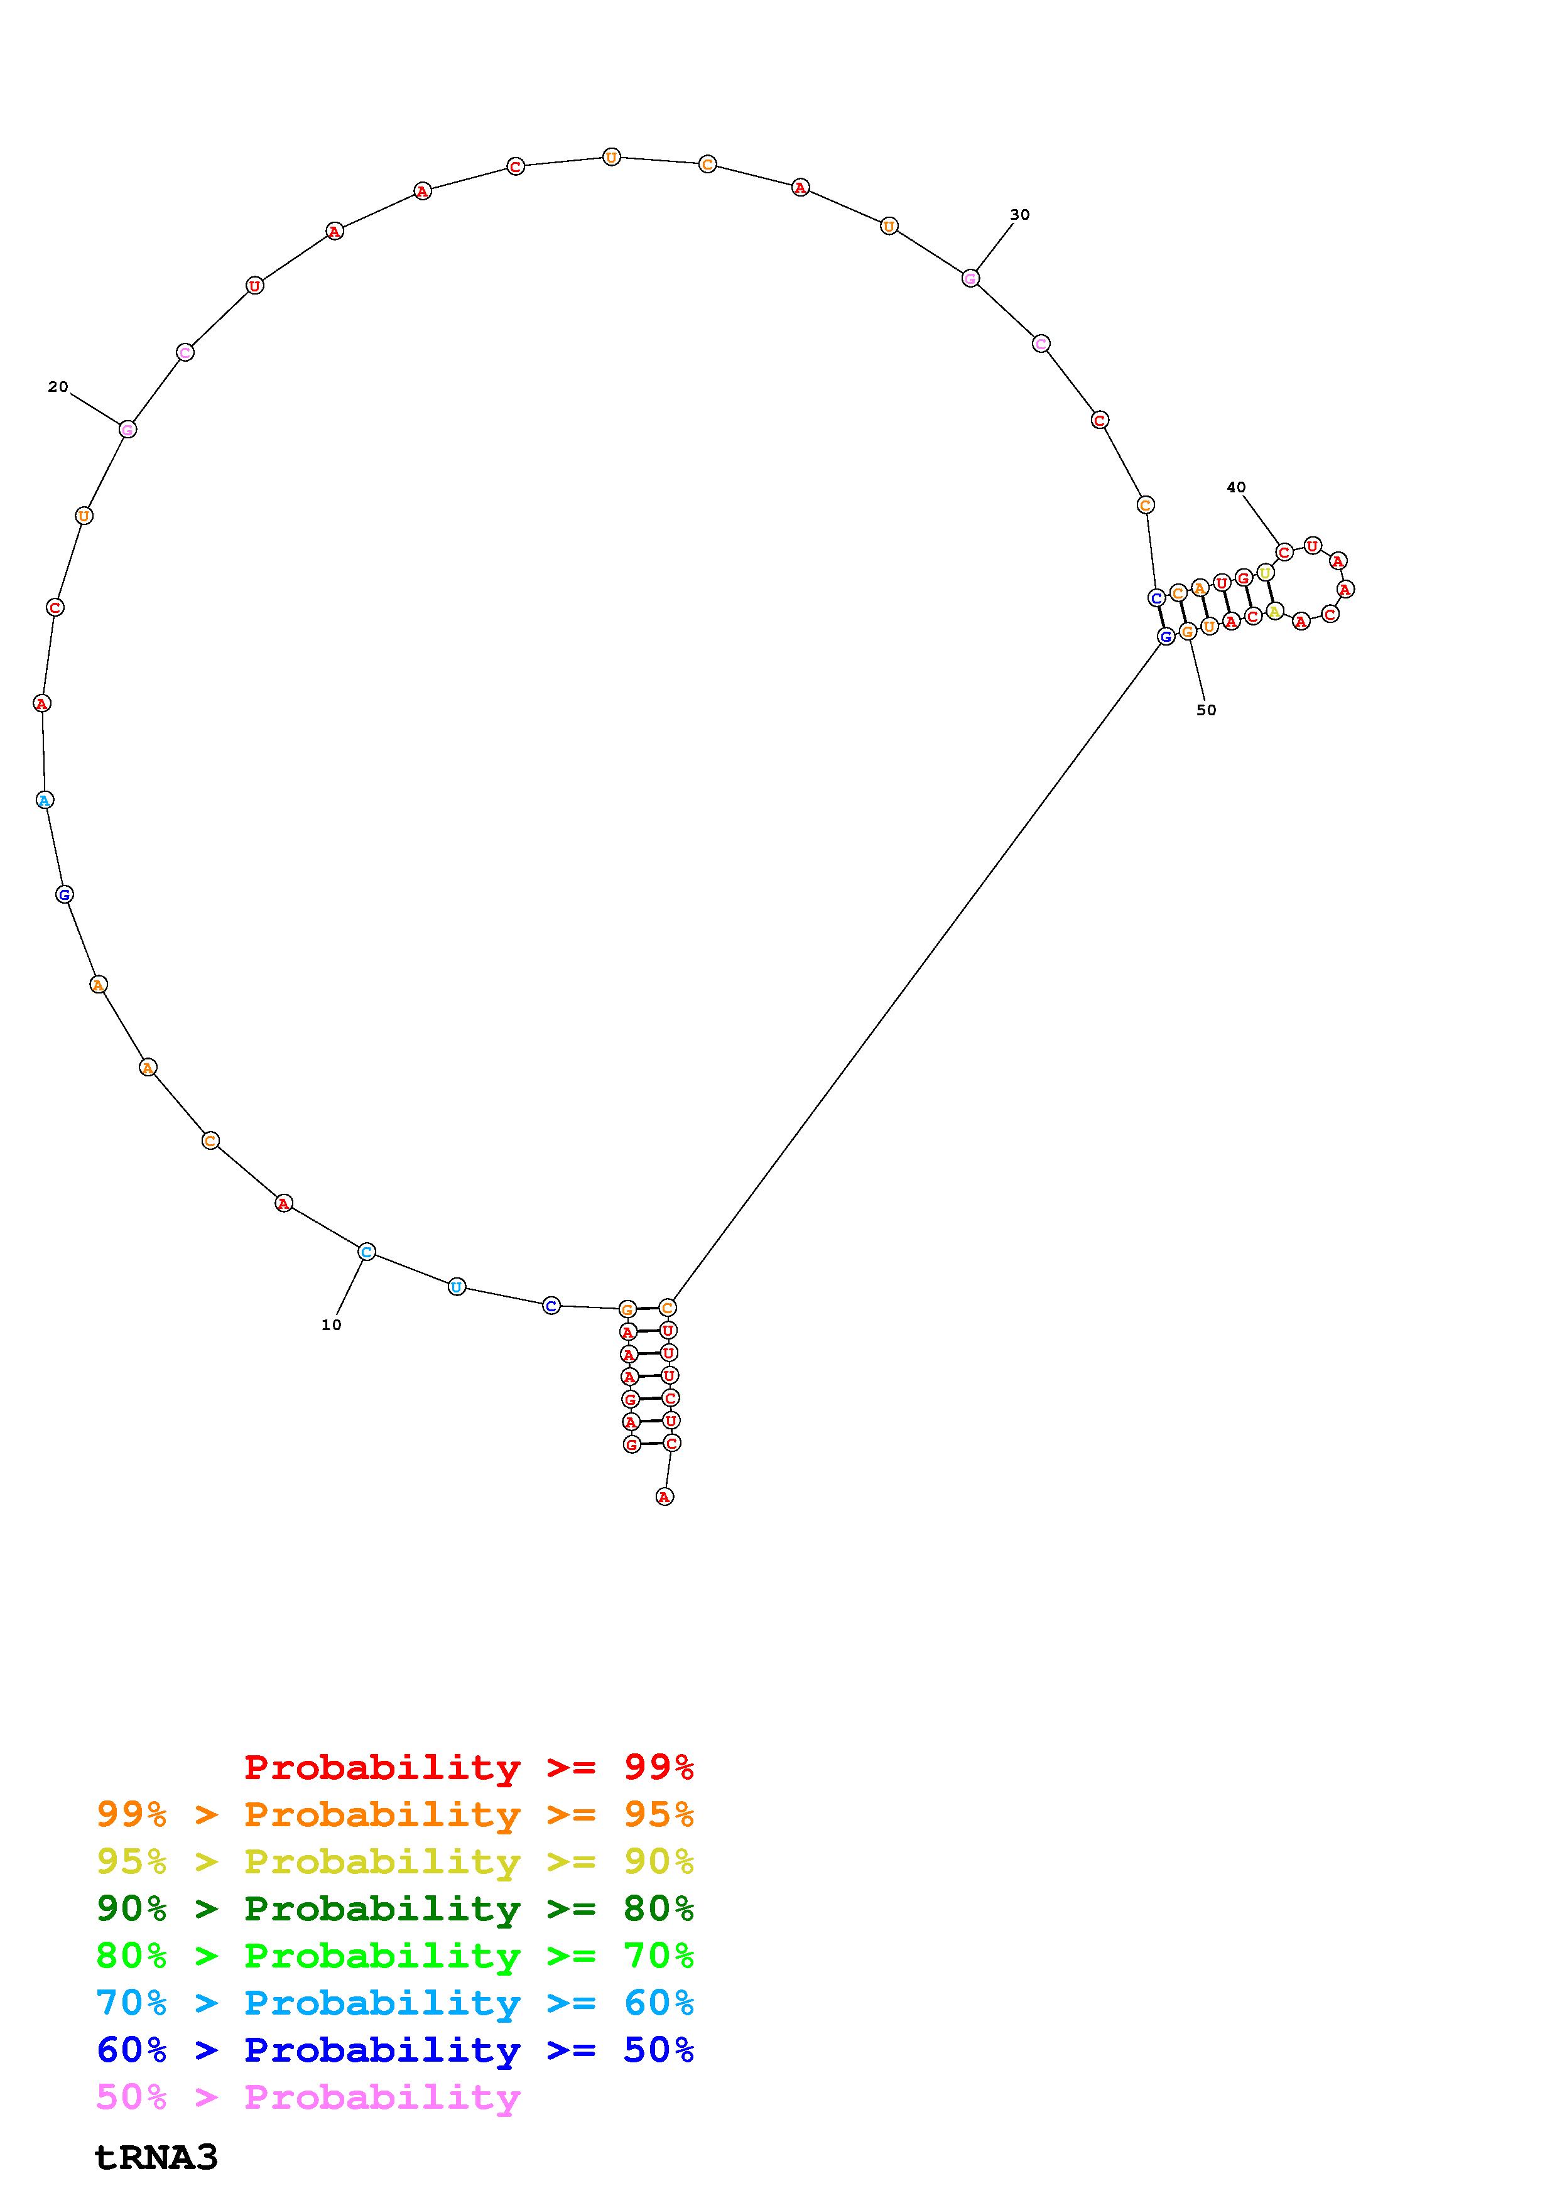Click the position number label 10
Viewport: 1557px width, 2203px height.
331,1325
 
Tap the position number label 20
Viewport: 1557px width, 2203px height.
58,387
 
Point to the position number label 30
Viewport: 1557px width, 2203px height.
1020,214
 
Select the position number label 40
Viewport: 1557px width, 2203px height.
1237,487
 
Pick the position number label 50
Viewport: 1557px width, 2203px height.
1206,710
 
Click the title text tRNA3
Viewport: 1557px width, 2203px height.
156,2158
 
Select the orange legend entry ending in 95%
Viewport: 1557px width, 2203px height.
395,1814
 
